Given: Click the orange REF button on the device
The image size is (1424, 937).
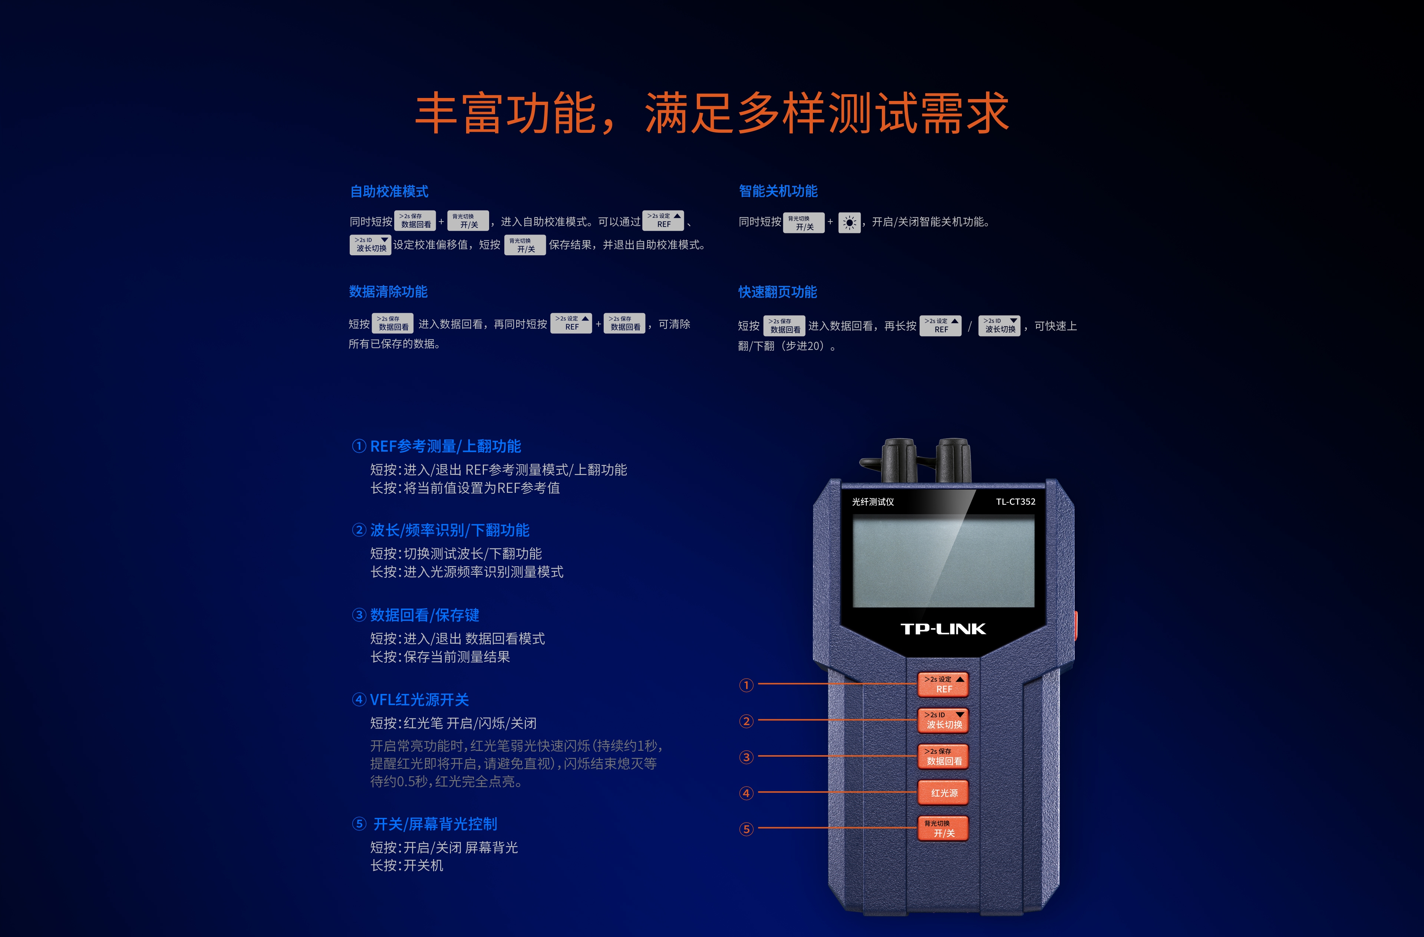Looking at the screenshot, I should [943, 684].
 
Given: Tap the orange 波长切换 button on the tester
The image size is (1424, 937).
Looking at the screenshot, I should [943, 720].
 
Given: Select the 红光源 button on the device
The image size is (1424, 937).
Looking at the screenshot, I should [943, 793].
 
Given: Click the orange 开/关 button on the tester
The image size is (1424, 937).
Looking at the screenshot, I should [943, 829].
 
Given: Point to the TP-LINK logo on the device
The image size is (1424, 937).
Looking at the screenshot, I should [943, 629].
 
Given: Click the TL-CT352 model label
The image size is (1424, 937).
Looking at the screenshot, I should [1015, 502].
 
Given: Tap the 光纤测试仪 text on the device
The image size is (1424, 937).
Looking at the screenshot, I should [873, 502].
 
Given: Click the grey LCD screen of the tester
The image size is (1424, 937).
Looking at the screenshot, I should [943, 561].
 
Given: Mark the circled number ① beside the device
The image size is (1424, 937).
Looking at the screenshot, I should [746, 685].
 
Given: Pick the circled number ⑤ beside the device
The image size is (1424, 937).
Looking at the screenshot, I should [746, 829].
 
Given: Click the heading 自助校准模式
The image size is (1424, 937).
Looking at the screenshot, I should [389, 191].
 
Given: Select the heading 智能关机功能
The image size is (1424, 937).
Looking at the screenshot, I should [778, 191].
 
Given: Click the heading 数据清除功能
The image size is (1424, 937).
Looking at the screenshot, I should [388, 292].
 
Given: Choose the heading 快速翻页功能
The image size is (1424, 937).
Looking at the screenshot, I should [777, 292].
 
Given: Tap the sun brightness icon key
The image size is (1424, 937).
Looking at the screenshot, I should [849, 223].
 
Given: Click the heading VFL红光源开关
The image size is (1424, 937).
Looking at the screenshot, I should [419, 699].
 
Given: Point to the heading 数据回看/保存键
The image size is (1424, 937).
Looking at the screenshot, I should [424, 615].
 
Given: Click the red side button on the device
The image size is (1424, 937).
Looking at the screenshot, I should [1075, 626].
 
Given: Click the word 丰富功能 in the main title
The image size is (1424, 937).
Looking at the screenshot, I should [505, 114].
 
